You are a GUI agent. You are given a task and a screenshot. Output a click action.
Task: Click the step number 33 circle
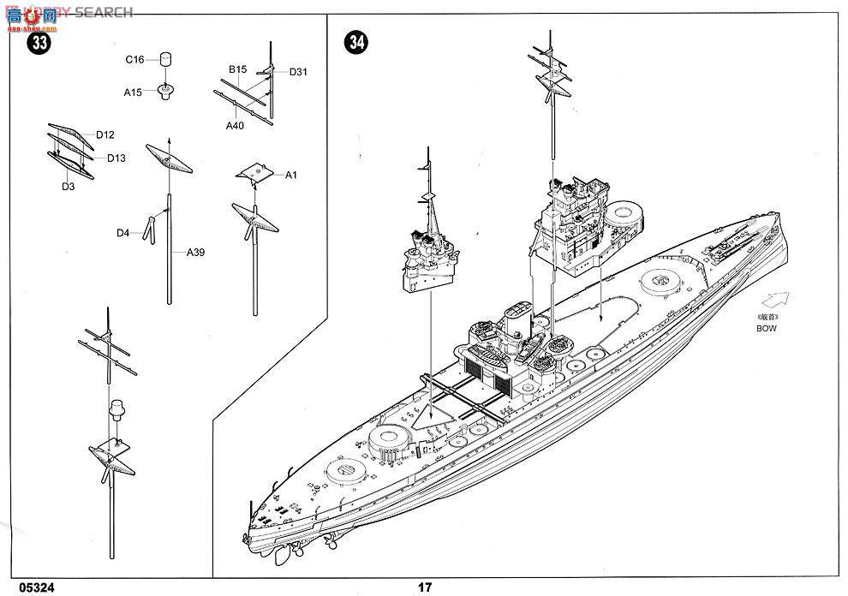38,44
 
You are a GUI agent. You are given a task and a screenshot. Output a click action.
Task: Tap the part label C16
134,60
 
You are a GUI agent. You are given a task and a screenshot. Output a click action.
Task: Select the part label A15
133,92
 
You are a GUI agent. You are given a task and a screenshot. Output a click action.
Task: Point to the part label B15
237,69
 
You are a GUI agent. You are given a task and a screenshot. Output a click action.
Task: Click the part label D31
298,72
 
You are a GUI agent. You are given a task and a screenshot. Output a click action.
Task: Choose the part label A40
236,126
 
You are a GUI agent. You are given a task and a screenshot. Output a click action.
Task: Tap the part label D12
105,134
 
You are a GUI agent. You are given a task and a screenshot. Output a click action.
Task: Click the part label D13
116,158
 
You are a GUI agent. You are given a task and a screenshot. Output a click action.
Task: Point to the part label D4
124,232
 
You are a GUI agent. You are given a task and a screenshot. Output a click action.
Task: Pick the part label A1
290,175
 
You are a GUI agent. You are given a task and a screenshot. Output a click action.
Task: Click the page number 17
425,587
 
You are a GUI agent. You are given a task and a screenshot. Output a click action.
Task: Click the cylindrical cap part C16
165,59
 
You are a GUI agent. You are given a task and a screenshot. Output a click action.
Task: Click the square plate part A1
254,173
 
